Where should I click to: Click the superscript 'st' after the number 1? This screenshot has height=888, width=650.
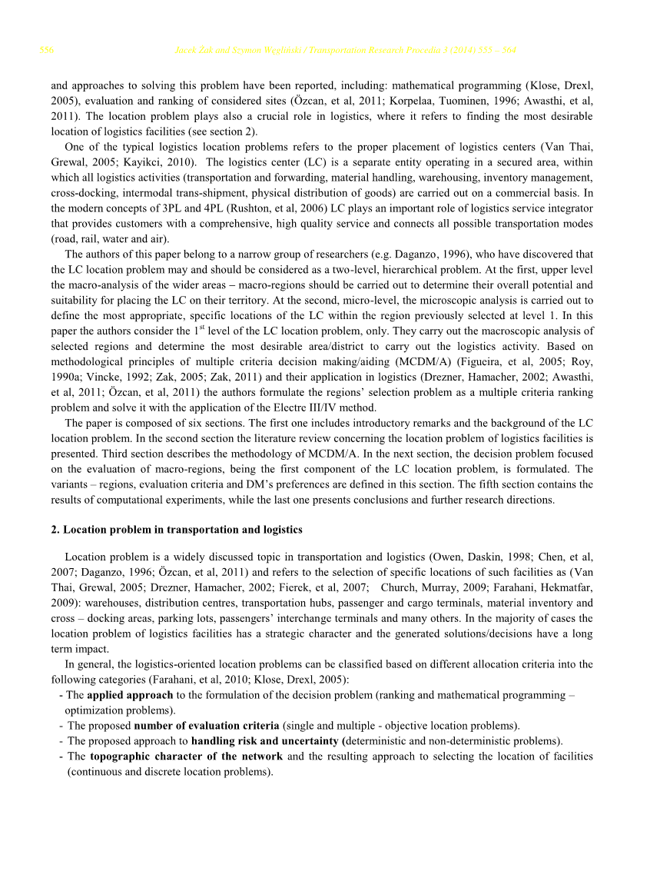pos(202,328)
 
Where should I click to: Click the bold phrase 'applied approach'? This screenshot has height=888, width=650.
pos(129,695)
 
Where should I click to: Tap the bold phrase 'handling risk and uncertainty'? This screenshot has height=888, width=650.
pos(264,741)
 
